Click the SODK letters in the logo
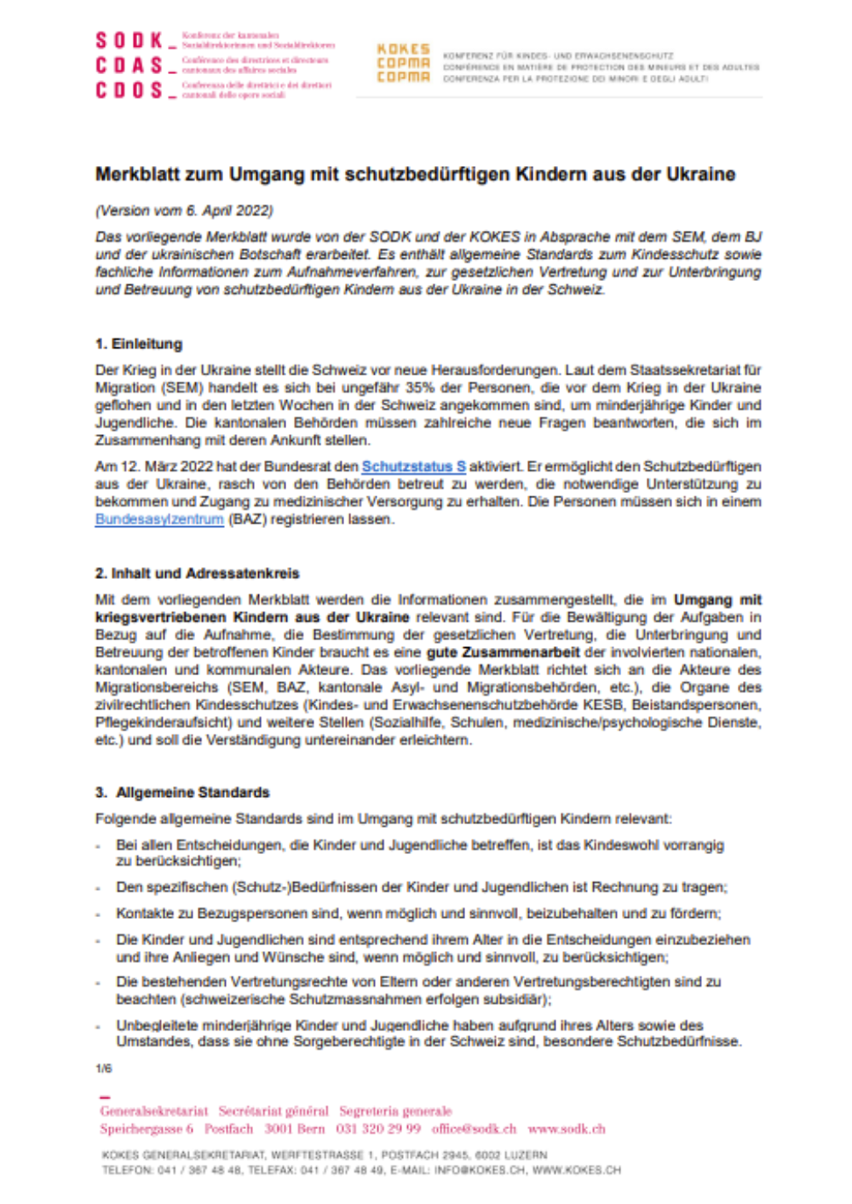tap(129, 40)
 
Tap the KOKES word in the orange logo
tap(403, 49)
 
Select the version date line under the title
tap(184, 210)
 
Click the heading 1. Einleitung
tap(139, 344)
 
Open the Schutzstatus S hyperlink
tap(413, 467)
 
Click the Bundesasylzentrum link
tap(159, 519)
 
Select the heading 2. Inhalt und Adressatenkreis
tap(197, 573)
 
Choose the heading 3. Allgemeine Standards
tap(182, 793)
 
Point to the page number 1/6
tap(103, 1069)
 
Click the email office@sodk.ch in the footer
tap(474, 1129)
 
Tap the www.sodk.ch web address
tap(567, 1129)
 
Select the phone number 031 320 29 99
tap(378, 1129)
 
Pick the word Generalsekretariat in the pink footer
tap(153, 1111)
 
